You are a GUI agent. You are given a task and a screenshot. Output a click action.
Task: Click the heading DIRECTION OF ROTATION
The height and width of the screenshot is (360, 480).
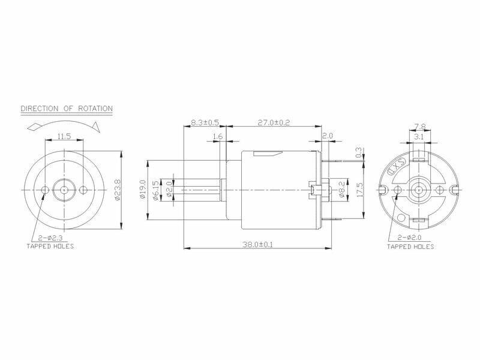click(x=67, y=109)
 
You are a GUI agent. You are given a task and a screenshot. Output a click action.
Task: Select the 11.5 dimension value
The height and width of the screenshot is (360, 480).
click(x=64, y=136)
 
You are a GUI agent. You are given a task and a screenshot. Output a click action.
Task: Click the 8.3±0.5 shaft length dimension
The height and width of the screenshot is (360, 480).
click(x=205, y=122)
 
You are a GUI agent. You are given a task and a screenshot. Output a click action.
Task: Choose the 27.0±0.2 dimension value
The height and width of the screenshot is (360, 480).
click(x=274, y=122)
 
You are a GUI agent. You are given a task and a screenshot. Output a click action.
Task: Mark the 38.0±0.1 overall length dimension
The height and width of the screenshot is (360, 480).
click(x=257, y=244)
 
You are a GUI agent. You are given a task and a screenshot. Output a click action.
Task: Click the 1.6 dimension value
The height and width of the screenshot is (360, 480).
click(x=218, y=137)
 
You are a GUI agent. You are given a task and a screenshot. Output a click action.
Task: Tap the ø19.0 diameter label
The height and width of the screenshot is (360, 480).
click(x=143, y=190)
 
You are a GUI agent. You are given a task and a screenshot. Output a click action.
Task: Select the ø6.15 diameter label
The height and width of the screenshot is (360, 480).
click(x=156, y=190)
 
